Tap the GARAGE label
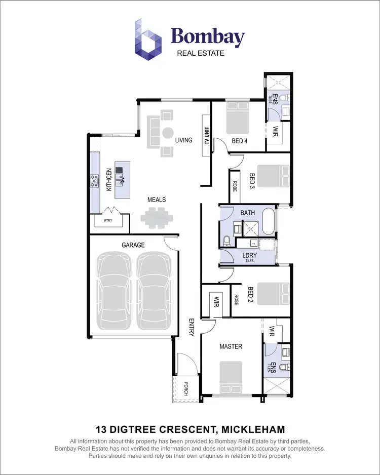pos(133,245)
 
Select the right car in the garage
pos(154,291)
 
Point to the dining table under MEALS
pos(156,218)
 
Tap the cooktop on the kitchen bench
pos(94,181)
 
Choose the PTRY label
pos(108,221)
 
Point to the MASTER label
pos(231,346)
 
